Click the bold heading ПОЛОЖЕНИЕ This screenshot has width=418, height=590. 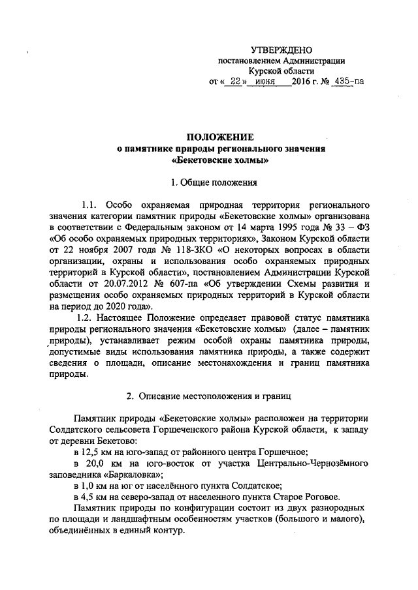(220, 137)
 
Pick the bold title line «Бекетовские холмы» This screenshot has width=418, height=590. (220, 159)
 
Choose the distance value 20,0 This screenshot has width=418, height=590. (97, 463)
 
